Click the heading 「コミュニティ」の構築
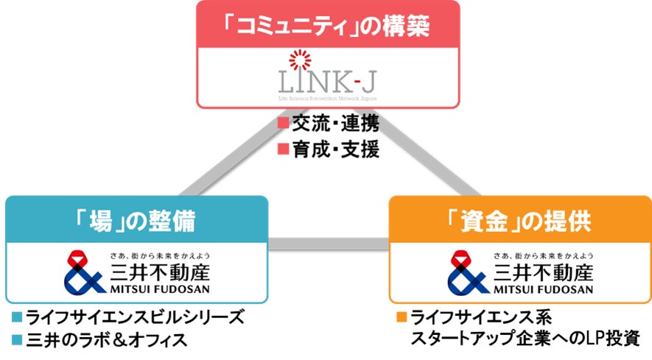(327, 26)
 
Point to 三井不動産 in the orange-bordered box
(542, 273)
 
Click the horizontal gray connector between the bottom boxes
(329, 244)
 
